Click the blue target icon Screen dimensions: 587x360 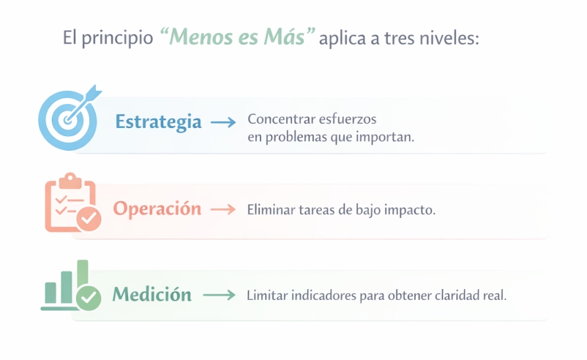coord(68,119)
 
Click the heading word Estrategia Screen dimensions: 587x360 coord(158,122)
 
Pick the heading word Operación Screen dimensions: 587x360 coord(157,209)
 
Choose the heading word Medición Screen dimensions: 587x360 coord(152,294)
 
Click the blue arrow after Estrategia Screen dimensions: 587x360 coord(223,122)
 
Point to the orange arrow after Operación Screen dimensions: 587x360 coord(223,209)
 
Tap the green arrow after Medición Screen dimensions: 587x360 coord(220,296)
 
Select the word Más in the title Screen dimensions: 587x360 coord(284,37)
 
